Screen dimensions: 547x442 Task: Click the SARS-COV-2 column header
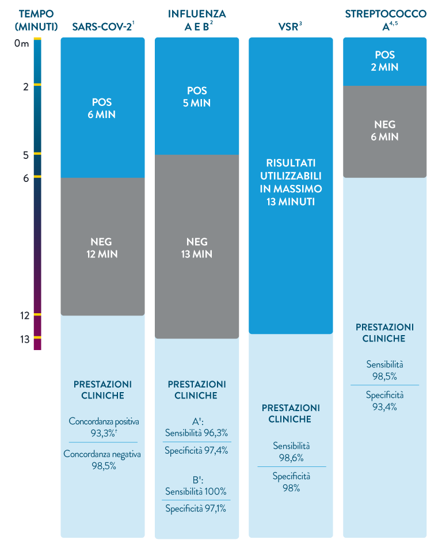click(103, 26)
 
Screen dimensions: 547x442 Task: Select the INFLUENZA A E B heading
click(197, 20)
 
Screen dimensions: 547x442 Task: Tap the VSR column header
click(291, 26)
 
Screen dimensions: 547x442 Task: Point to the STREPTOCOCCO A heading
click(385, 20)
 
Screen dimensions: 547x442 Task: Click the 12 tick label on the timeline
click(24, 316)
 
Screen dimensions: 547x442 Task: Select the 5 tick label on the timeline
click(26, 155)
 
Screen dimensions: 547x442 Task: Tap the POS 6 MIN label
click(104, 108)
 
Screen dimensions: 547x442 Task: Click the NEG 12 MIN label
click(104, 248)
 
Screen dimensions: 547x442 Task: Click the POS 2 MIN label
click(385, 61)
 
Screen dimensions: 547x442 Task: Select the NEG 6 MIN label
click(385, 131)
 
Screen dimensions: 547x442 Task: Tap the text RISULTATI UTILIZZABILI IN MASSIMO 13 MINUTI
click(291, 181)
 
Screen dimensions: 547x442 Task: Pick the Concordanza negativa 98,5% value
click(104, 461)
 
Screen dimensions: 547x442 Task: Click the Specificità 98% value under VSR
click(291, 483)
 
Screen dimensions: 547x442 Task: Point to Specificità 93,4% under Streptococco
click(385, 401)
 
